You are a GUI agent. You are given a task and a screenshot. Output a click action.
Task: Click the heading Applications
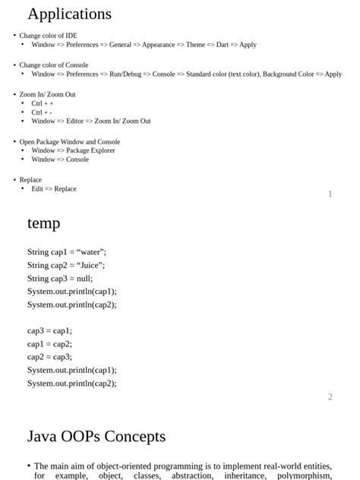pyautogui.click(x=69, y=14)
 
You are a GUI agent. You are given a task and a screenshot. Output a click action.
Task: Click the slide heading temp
pyautogui.click(x=43, y=223)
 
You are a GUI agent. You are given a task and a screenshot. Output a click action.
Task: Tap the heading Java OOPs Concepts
pyautogui.click(x=96, y=436)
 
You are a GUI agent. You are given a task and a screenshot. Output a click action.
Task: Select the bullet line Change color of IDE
pyautogui.click(x=48, y=36)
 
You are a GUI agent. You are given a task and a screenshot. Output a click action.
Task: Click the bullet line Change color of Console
pyautogui.click(x=53, y=65)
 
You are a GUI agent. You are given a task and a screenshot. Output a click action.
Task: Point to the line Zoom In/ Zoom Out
pyautogui.click(x=47, y=94)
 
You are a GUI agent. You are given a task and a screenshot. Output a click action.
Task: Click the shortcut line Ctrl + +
pyautogui.click(x=42, y=103)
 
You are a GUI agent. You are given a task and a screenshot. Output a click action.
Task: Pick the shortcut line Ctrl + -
pyautogui.click(x=42, y=112)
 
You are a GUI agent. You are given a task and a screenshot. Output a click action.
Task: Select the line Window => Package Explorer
pyautogui.click(x=73, y=150)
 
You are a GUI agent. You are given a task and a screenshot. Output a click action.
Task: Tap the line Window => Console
pyautogui.click(x=60, y=159)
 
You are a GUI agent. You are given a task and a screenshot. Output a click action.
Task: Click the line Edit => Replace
pyautogui.click(x=54, y=189)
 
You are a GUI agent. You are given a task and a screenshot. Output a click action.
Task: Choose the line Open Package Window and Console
pyautogui.click(x=69, y=142)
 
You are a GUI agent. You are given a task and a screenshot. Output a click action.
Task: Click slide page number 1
pyautogui.click(x=330, y=194)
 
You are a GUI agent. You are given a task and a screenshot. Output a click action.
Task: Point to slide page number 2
pyautogui.click(x=330, y=397)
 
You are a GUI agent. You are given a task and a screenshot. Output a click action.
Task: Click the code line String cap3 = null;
pyautogui.click(x=60, y=278)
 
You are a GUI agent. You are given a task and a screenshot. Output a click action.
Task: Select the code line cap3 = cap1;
pyautogui.click(x=49, y=330)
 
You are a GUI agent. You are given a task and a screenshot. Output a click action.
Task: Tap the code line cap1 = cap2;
pyautogui.click(x=49, y=343)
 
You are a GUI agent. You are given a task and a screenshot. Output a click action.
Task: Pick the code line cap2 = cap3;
pyautogui.click(x=49, y=356)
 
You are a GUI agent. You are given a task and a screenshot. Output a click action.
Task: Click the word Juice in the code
pyautogui.click(x=90, y=265)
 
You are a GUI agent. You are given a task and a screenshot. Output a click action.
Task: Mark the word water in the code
pyautogui.click(x=90, y=252)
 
